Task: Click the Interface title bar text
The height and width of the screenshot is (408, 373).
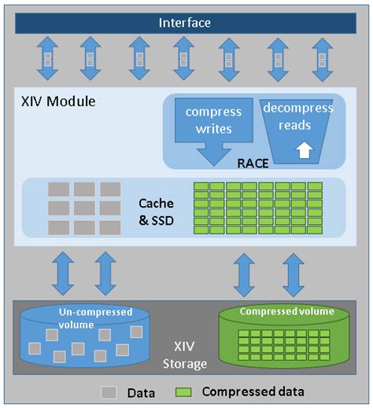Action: pos(185,23)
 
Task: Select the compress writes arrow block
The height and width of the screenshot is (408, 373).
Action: pos(214,126)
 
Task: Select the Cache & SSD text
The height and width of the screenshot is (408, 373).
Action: pos(157,211)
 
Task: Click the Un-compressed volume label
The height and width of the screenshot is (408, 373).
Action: pos(87,317)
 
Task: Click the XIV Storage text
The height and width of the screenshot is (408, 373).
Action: pos(186,355)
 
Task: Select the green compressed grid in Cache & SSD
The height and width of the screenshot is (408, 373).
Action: pos(257,208)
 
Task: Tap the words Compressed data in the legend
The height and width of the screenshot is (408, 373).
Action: pos(253,391)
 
